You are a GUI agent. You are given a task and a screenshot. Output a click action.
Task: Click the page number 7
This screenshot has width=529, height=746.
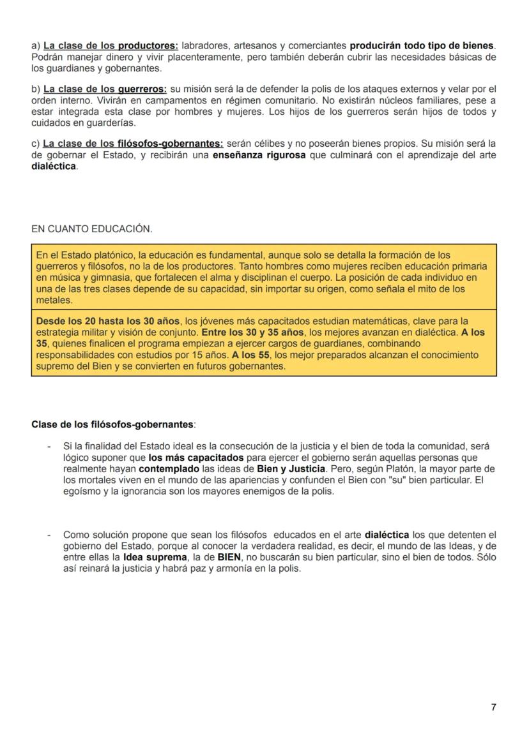pos(493,707)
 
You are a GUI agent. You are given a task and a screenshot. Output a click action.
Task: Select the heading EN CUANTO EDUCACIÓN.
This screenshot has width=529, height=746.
pos(91,228)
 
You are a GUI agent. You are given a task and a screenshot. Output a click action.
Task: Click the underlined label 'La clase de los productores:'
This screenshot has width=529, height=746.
pos(111,46)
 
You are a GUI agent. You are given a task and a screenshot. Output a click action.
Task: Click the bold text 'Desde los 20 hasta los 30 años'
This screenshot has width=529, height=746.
pos(107,321)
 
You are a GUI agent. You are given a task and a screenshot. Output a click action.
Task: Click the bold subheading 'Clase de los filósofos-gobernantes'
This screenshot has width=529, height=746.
pos(112,424)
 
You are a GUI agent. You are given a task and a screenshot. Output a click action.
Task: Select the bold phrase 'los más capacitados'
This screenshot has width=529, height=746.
pos(196,458)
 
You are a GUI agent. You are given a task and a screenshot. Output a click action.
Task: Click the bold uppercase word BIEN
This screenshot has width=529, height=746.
pos(229,557)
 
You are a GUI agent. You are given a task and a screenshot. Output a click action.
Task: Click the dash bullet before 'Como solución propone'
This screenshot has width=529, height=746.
pos(49,535)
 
